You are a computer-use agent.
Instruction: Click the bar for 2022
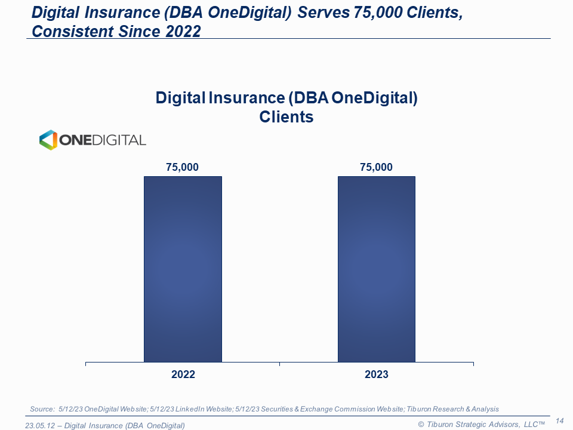coord(183,269)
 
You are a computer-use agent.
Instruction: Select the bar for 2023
coord(377,269)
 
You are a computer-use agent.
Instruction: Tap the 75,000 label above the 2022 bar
coord(183,167)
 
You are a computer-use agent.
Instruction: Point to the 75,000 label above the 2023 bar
coord(377,167)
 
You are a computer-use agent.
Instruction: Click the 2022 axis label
coord(183,374)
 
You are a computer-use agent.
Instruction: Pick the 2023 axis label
coord(377,374)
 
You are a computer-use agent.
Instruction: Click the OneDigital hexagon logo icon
coord(48,140)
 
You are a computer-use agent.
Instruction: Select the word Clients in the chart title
coord(286,116)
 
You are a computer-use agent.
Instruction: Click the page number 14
coord(560,421)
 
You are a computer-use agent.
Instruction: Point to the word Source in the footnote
coord(42,409)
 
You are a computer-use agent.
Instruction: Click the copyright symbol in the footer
coord(420,425)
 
